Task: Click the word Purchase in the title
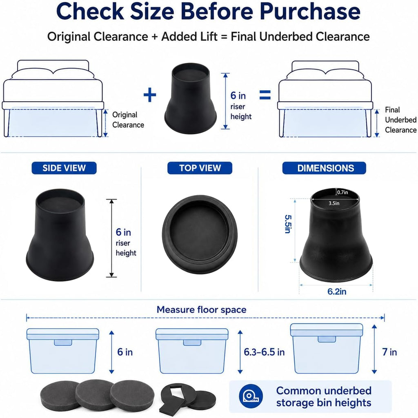(x=310, y=11)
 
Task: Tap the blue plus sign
(x=150, y=95)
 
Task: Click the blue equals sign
(x=265, y=95)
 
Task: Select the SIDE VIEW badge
(x=64, y=168)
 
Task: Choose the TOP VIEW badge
(x=200, y=168)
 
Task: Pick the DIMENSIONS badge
(x=324, y=168)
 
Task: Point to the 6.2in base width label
(x=337, y=291)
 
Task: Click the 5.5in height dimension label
(x=288, y=224)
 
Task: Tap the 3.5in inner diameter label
(x=334, y=203)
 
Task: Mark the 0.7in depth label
(x=342, y=192)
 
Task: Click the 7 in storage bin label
(x=389, y=352)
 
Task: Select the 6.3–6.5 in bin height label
(x=264, y=352)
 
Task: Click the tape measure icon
(x=251, y=396)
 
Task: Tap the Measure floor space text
(x=202, y=309)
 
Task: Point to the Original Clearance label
(x=128, y=120)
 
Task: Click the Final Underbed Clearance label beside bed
(x=401, y=120)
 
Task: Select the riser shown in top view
(x=200, y=235)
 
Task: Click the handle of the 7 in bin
(x=327, y=339)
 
